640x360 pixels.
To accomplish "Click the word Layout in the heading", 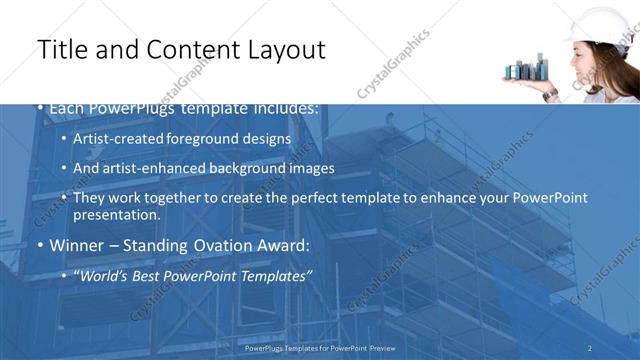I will pyautogui.click(x=285, y=49).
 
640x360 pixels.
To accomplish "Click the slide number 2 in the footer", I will pyautogui.click(x=590, y=347).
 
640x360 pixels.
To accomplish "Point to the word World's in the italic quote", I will pyautogui.click(x=104, y=275).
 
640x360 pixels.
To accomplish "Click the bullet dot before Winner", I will pyautogui.click(x=40, y=245).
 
